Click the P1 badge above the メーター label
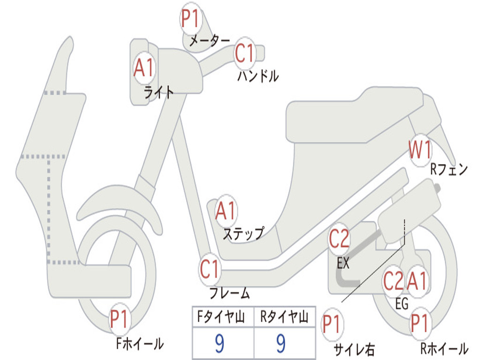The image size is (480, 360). pos(191,18)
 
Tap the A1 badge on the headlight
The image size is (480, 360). pos(143,67)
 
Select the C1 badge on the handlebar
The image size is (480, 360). pos(245,53)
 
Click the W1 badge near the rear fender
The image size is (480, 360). pos(420,150)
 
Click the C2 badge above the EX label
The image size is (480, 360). pos(339,239)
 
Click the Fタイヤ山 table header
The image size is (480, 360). pos(221,316)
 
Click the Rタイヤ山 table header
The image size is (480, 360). pos(284,316)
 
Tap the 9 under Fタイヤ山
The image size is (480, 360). pos(219,343)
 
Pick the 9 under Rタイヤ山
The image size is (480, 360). pos(281,343)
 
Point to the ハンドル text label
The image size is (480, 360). pos(258,76)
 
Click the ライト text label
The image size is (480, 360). pos(159,92)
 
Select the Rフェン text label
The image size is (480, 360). pos(449,169)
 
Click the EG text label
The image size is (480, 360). pos(402,304)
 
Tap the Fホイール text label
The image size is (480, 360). pos(140,344)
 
